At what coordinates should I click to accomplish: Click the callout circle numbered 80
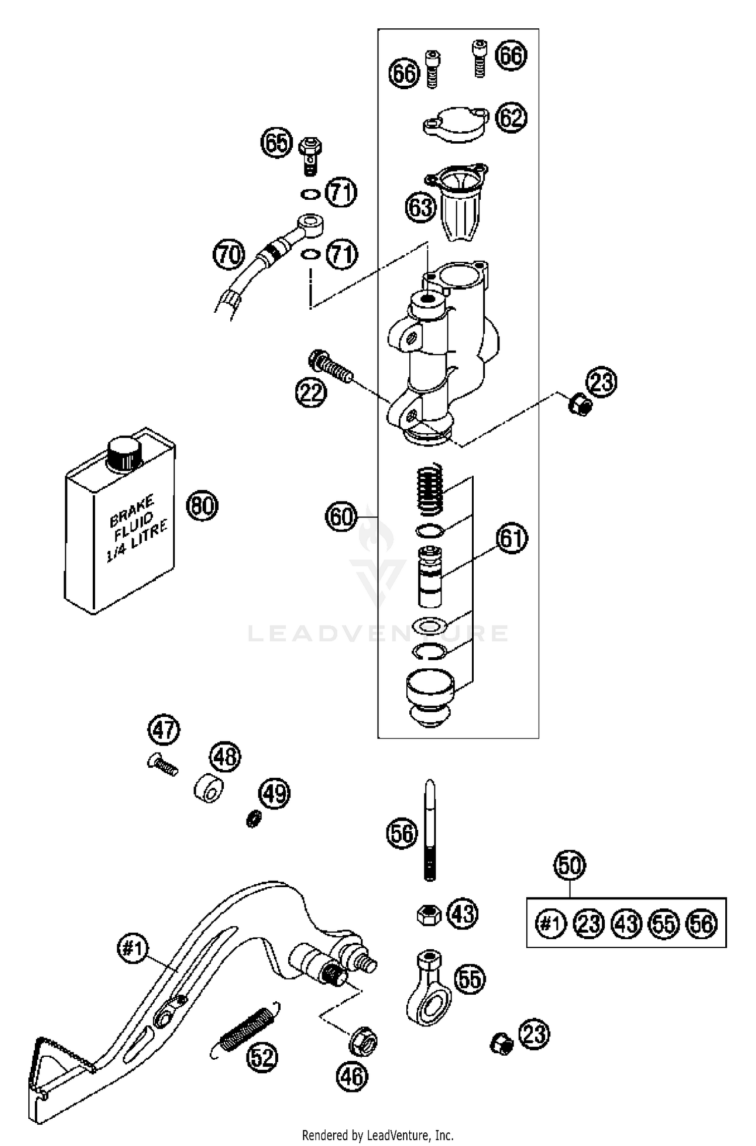(x=202, y=505)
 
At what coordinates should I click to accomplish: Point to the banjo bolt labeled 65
(x=310, y=153)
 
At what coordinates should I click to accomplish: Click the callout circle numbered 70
(x=229, y=254)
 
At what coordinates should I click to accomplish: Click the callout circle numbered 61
(x=512, y=539)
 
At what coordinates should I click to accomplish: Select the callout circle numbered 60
(x=341, y=517)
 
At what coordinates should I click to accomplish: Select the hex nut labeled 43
(x=429, y=914)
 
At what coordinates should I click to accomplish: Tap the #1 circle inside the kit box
(x=550, y=924)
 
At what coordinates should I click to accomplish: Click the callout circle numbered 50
(x=570, y=865)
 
